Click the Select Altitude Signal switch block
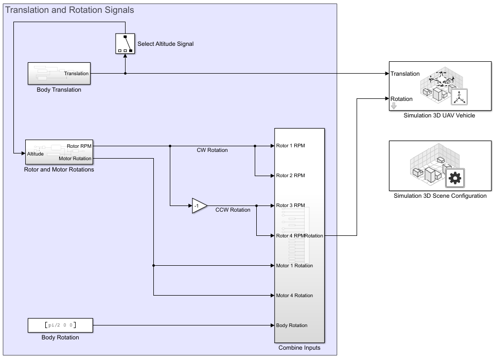click(x=125, y=44)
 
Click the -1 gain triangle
click(x=199, y=205)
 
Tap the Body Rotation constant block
click(x=60, y=325)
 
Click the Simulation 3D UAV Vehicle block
click(x=440, y=85)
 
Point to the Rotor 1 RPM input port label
click(x=291, y=146)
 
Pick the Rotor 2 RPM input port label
click(x=291, y=176)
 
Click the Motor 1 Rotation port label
click(x=294, y=266)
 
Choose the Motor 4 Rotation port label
click(x=294, y=296)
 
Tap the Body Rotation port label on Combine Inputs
click(x=292, y=325)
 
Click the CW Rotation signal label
click(x=212, y=150)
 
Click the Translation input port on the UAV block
click(x=405, y=74)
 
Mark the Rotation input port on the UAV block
click(x=401, y=99)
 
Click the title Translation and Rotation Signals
click(x=69, y=10)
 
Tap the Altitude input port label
click(x=36, y=153)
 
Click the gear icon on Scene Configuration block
click(x=455, y=178)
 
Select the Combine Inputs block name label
click(x=299, y=348)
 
